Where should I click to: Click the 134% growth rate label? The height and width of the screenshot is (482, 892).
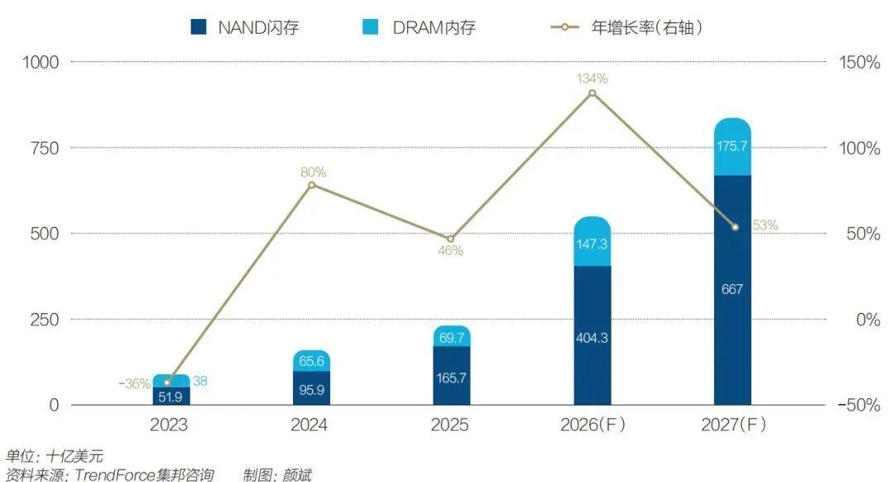coord(592,79)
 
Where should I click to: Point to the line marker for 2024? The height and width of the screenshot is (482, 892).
coord(311,185)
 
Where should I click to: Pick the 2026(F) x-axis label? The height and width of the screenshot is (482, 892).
coord(592,426)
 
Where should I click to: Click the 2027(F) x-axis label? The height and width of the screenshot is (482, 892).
coord(733,426)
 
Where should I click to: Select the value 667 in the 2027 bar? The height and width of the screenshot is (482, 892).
coord(732,290)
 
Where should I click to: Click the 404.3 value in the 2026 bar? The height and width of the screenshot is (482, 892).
coord(592,339)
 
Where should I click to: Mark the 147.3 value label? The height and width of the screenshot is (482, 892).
coord(592,245)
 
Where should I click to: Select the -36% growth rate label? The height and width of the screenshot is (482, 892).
coord(134,384)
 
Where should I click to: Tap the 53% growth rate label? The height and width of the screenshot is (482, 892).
coord(765,225)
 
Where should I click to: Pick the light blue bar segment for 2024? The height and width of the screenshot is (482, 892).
coord(311,360)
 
